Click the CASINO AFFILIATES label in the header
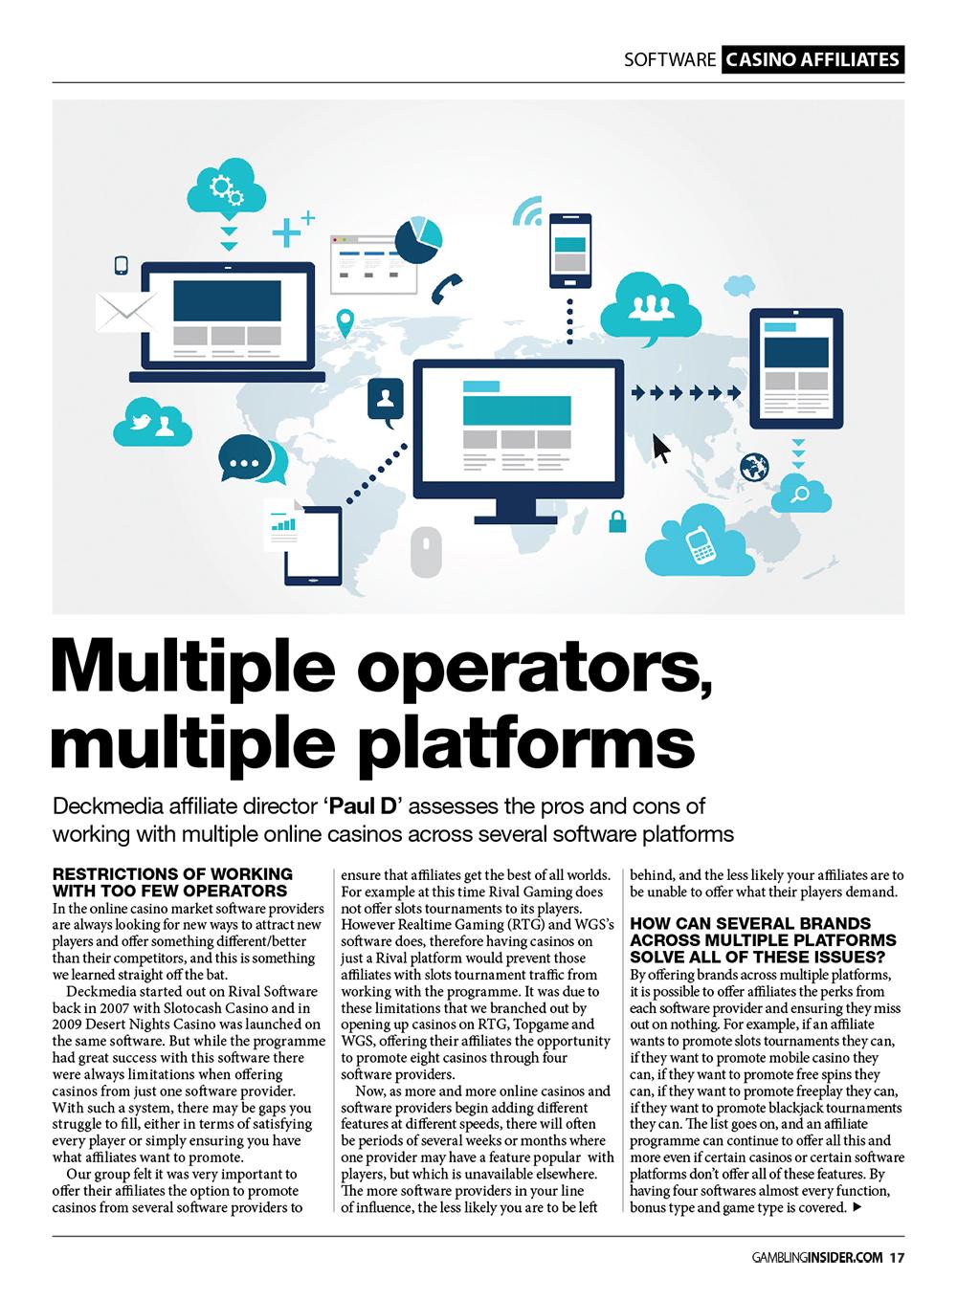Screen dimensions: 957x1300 pyautogui.click(x=812, y=59)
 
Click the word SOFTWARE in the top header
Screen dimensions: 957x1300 pyautogui.click(x=670, y=59)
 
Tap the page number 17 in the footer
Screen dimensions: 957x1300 pyautogui.click(x=896, y=1258)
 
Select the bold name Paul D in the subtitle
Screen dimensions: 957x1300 pyautogui.click(x=361, y=806)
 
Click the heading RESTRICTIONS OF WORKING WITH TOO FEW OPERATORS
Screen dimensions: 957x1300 pyautogui.click(x=172, y=881)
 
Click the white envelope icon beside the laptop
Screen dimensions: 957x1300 pyautogui.click(x=126, y=312)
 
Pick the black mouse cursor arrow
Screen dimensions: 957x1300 pyautogui.click(x=660, y=448)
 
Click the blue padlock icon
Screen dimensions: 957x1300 pyautogui.click(x=618, y=521)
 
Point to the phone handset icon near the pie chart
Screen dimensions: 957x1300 pyautogui.click(x=446, y=287)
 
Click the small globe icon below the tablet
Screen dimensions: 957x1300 pyautogui.click(x=755, y=468)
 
